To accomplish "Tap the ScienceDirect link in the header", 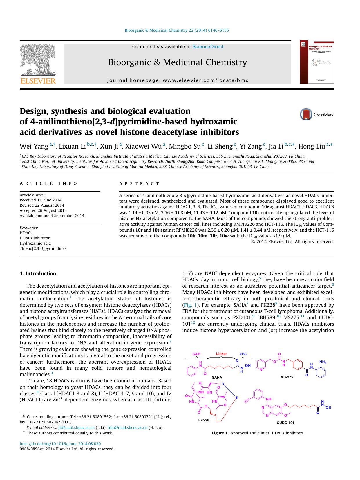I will (x=208, y=47).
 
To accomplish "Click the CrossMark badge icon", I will (x=306, y=114).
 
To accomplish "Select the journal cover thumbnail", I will (x=317, y=62).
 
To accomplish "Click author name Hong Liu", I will (x=312, y=146).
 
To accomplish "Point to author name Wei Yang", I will (x=34, y=146).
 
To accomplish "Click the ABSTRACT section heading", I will (x=139, y=184).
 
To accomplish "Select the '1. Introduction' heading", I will (x=38, y=273).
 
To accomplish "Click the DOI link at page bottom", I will (x=60, y=444).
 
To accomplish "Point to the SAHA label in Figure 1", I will (x=217, y=377).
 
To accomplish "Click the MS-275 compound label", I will (x=286, y=377).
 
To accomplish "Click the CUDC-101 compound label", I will (x=285, y=423).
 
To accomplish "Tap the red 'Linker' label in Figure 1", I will (x=221, y=354).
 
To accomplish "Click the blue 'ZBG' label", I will (x=243, y=354).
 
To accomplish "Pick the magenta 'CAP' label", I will (x=196, y=354).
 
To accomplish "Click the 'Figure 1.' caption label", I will (x=220, y=433).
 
